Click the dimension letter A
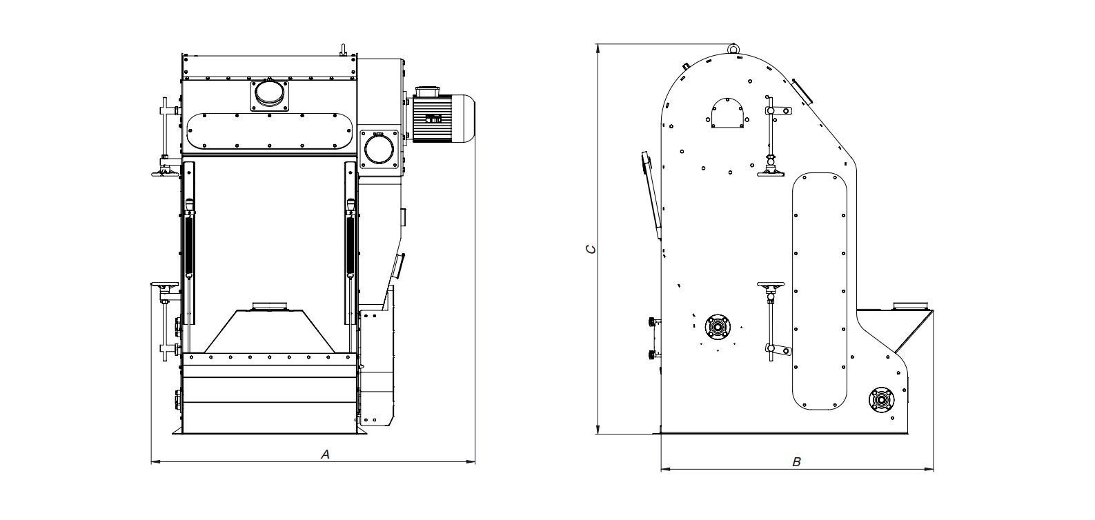point(325,455)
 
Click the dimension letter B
point(796,462)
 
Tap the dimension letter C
point(591,249)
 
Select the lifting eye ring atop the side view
point(733,49)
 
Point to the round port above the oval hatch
point(269,94)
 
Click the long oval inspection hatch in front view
point(269,131)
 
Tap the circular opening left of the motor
point(379,150)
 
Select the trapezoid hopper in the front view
point(269,331)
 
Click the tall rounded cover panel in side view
point(819,291)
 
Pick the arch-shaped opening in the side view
point(727,113)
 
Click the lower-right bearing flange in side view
point(881,400)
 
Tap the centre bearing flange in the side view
point(718,326)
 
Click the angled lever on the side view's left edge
point(651,195)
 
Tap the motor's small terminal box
point(433,118)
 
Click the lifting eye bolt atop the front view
point(343,50)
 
